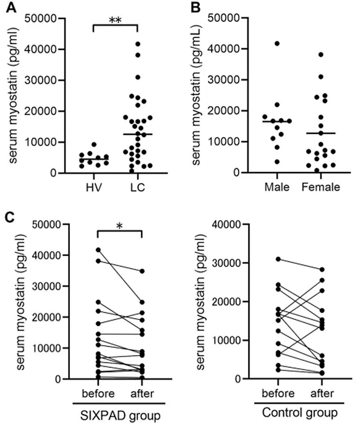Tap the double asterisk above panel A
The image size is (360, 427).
[x=116, y=20]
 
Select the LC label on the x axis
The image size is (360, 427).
[x=139, y=188]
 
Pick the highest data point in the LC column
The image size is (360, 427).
[x=138, y=44]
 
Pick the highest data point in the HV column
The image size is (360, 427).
[x=93, y=144]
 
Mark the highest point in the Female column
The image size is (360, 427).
[x=321, y=55]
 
